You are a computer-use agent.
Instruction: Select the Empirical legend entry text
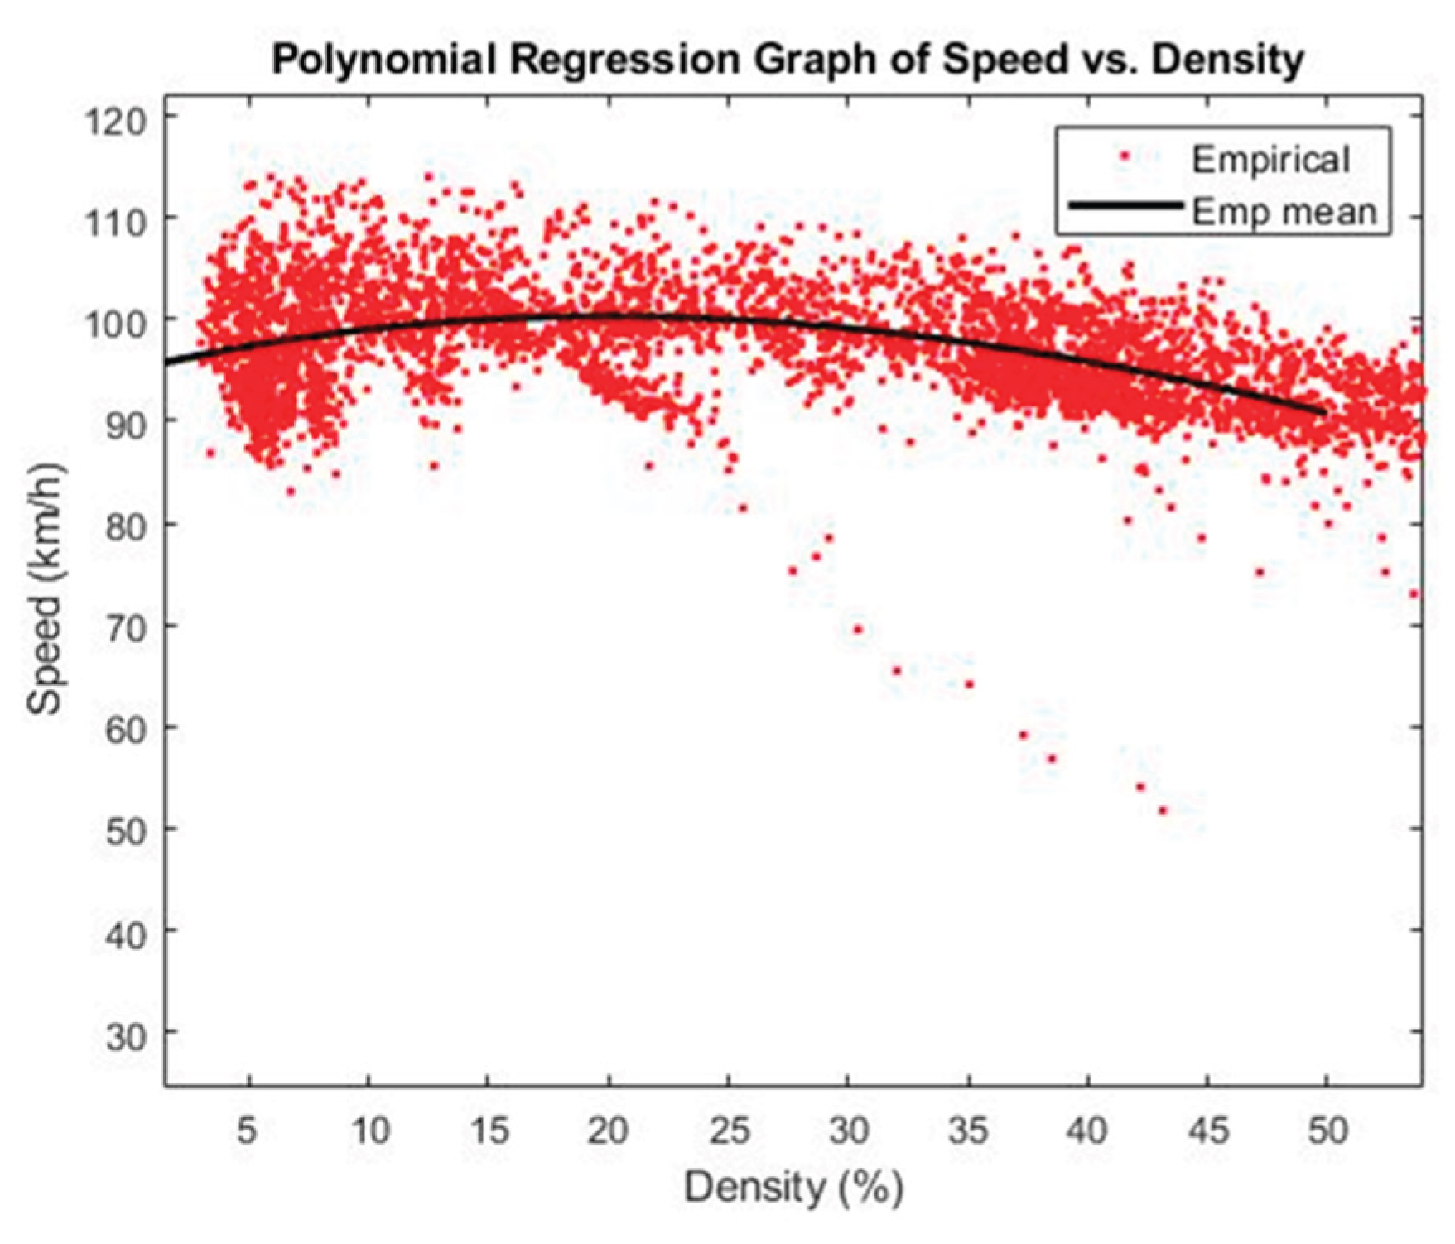point(1270,159)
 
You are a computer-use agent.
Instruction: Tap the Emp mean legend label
point(1284,212)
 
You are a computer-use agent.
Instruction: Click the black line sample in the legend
point(1125,204)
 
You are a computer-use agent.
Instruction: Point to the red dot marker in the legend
point(1125,156)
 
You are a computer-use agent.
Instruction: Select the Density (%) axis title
point(793,1188)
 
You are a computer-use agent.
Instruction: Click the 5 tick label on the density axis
point(248,1130)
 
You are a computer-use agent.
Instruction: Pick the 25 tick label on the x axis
point(729,1130)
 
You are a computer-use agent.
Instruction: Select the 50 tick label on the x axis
point(1327,1130)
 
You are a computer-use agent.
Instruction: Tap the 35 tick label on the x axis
point(968,1130)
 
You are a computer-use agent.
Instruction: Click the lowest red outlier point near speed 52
point(1162,810)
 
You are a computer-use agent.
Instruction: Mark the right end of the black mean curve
point(1325,411)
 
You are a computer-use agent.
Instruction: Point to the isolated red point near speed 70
point(858,630)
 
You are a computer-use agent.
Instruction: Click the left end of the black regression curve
point(167,363)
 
